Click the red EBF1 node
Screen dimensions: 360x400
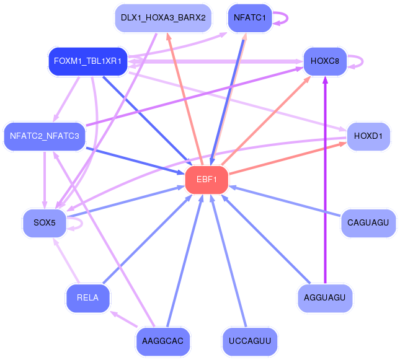tap(207, 180)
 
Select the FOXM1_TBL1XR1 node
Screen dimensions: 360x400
tap(88, 61)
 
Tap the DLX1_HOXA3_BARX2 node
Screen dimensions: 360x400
tap(164, 18)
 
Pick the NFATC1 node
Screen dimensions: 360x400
tap(250, 18)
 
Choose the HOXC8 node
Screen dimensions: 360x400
tap(324, 61)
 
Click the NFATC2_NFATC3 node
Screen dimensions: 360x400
tap(44, 136)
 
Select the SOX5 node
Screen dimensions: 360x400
tap(44, 223)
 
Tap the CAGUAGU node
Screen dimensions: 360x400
tap(368, 223)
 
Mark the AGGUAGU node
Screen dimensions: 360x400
tap(325, 298)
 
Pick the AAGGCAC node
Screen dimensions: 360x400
tap(163, 341)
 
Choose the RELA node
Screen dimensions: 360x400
tap(88, 298)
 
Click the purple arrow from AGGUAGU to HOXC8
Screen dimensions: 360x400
tap(325, 186)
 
